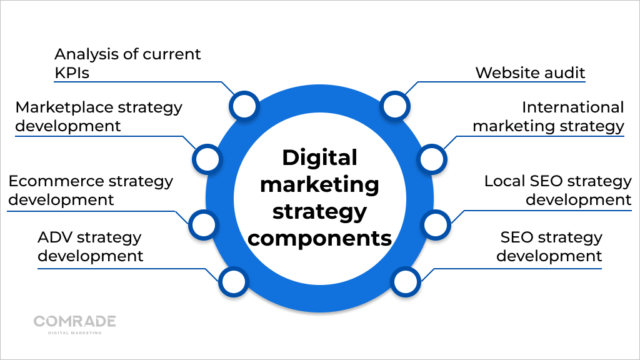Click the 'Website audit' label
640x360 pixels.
(530, 72)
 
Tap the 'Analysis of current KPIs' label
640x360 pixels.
(127, 63)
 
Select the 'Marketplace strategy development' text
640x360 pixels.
(98, 117)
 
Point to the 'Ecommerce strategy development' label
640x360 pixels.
(91, 190)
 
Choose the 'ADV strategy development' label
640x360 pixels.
(90, 246)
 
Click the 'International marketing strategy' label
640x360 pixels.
(549, 117)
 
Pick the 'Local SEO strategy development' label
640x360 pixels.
(558, 190)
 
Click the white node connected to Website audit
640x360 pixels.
(395, 106)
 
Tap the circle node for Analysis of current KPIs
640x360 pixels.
(244, 106)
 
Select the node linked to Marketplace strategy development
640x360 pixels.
(207, 159)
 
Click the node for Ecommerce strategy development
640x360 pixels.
(204, 225)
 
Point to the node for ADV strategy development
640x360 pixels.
(234, 282)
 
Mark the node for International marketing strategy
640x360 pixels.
(432, 159)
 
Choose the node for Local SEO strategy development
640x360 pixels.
(436, 225)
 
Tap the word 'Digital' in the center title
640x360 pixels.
(319, 158)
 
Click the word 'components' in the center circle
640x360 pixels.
(319, 238)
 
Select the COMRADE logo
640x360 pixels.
(75, 325)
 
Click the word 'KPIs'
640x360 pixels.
(72, 72)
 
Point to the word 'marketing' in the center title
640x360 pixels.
(319, 185)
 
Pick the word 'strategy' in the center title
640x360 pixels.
(319, 212)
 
